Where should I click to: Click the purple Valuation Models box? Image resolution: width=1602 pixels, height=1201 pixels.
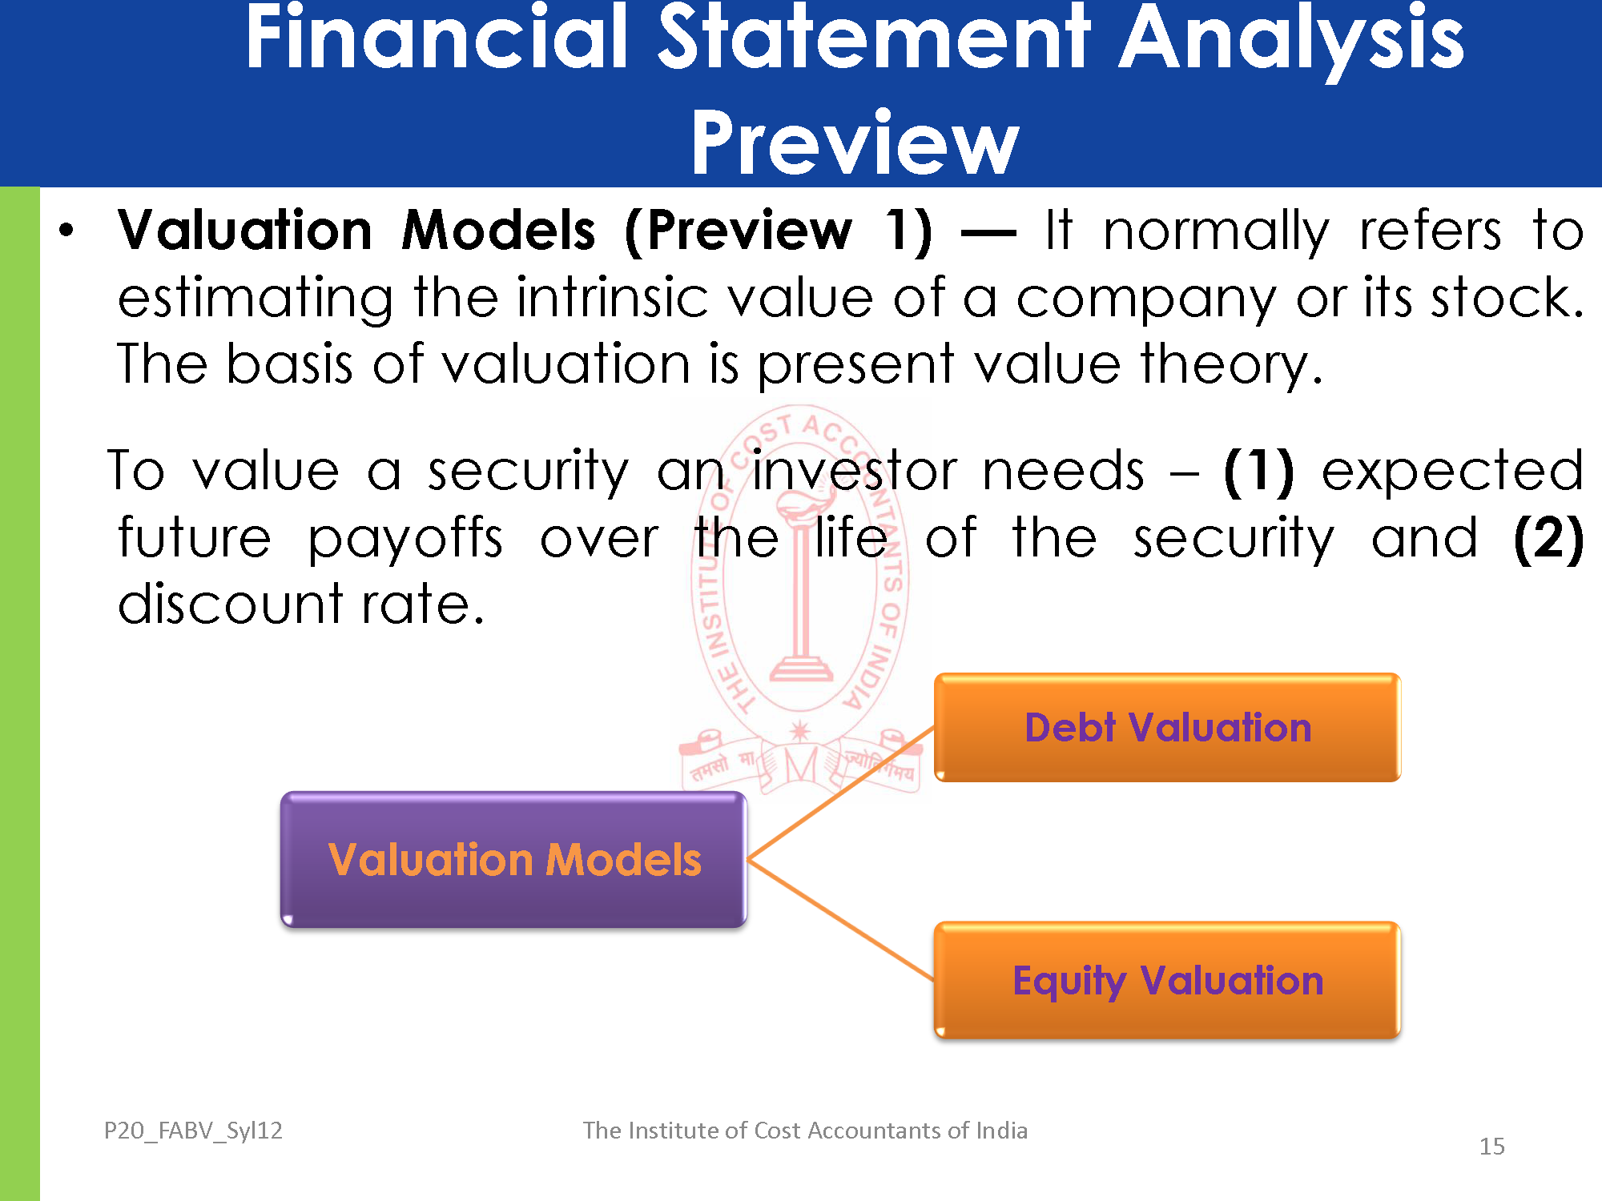pyautogui.click(x=513, y=859)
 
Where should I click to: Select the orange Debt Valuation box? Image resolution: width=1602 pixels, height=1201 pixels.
pyautogui.click(x=1167, y=727)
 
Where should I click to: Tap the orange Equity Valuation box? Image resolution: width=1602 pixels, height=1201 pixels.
pyautogui.click(x=1167, y=980)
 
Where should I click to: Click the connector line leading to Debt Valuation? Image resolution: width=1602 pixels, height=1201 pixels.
pyautogui.click(x=841, y=793)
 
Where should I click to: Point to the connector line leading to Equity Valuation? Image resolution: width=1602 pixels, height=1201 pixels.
pyautogui.click(x=841, y=920)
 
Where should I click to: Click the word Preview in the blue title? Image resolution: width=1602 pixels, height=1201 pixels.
pyautogui.click(x=855, y=143)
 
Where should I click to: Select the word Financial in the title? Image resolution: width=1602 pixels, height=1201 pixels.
pyautogui.click(x=437, y=36)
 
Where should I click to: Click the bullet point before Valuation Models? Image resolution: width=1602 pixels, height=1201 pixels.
pyautogui.click(x=66, y=231)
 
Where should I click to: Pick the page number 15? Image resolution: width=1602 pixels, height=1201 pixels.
pyautogui.click(x=1491, y=1147)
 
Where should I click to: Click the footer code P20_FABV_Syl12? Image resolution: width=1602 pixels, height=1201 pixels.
pyautogui.click(x=193, y=1131)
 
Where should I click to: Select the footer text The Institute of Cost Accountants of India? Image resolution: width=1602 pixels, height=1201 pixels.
pyautogui.click(x=805, y=1131)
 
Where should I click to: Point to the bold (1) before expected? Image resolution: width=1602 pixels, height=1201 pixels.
pyautogui.click(x=1259, y=471)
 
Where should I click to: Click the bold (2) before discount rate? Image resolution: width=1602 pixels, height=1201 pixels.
pyautogui.click(x=1548, y=538)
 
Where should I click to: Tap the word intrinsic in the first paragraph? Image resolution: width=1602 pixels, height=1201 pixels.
pyautogui.click(x=612, y=298)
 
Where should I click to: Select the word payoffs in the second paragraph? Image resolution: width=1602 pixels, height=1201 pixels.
pyautogui.click(x=406, y=540)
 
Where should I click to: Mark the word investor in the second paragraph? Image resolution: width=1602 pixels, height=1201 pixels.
pyautogui.click(x=855, y=471)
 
